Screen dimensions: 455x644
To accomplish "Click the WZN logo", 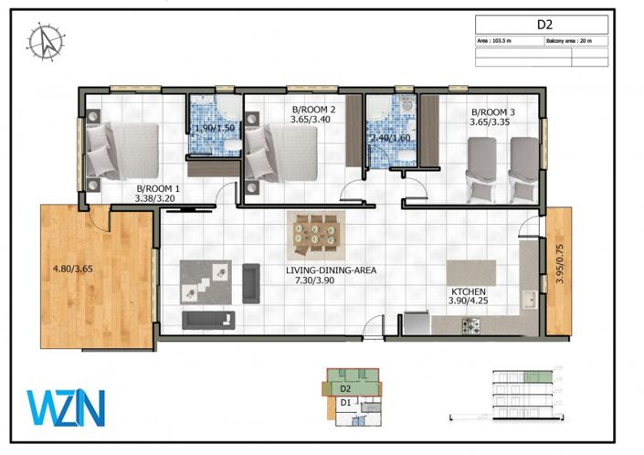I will (x=66, y=407).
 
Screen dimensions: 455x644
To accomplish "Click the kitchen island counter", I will (x=471, y=273).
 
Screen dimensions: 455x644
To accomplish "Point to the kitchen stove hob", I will (x=472, y=323).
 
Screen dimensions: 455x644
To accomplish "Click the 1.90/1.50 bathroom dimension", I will (x=216, y=129).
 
